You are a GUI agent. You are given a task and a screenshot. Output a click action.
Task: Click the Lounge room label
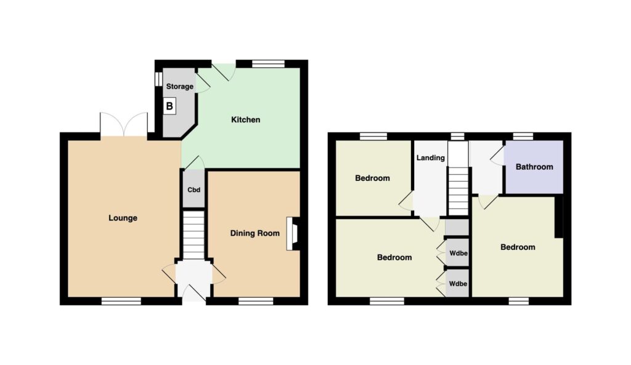123,218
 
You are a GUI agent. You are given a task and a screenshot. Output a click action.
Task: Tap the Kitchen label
245,119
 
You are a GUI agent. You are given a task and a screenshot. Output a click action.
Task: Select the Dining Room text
254,233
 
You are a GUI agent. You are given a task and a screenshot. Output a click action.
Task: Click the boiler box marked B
169,106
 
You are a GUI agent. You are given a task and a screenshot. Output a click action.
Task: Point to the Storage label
179,86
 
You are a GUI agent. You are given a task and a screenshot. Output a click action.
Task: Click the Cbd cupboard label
193,190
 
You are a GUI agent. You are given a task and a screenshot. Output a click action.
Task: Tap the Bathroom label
534,167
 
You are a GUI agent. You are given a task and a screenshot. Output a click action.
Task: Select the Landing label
430,158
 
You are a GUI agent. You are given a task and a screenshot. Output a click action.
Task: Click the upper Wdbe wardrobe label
458,253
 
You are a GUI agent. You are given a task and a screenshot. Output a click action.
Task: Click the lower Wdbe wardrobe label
458,284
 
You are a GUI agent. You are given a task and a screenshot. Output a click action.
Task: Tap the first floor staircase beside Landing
458,191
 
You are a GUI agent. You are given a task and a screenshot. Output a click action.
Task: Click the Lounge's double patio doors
124,124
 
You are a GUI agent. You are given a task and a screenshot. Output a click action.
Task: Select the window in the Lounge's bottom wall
121,301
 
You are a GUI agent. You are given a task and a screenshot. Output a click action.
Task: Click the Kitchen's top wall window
268,63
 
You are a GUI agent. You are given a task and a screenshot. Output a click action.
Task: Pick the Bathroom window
523,136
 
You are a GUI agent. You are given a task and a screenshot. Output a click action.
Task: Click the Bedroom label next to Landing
372,178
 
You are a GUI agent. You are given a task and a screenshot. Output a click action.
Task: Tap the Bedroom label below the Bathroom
518,247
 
